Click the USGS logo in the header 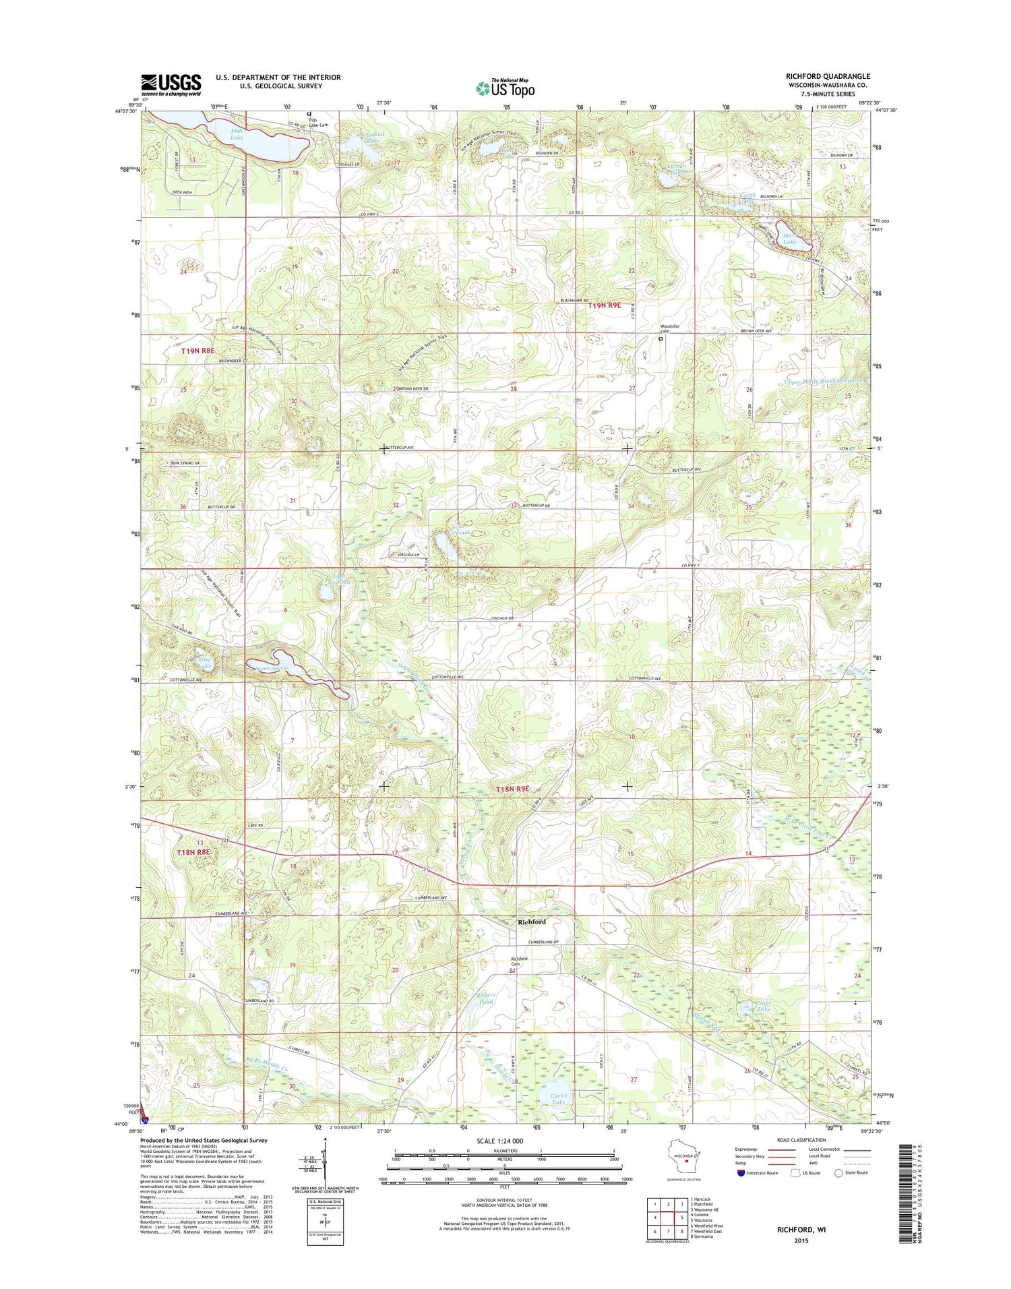pyautogui.click(x=171, y=84)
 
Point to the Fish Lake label pyautogui.click(x=237, y=134)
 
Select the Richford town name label pyautogui.click(x=531, y=921)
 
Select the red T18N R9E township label pyautogui.click(x=513, y=789)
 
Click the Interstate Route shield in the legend pyautogui.click(x=741, y=1172)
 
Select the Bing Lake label pyautogui.click(x=203, y=662)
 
